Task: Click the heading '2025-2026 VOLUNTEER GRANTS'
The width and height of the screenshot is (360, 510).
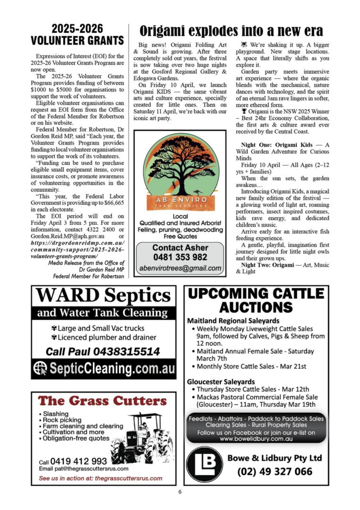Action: (77, 34)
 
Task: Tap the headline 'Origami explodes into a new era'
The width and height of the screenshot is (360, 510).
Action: (231, 31)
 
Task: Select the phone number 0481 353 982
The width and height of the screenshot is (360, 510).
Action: (179, 257)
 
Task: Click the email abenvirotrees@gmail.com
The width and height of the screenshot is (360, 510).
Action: (180, 268)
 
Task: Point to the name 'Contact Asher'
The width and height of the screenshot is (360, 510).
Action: (180, 248)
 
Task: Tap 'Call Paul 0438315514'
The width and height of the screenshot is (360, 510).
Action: (102, 351)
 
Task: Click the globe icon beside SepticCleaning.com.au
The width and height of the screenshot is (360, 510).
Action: (41, 368)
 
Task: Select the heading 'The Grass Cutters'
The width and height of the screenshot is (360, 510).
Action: (102, 401)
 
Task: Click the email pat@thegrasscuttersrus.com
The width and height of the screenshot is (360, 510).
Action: (84, 469)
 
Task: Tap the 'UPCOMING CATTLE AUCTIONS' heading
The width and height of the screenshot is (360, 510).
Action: (256, 300)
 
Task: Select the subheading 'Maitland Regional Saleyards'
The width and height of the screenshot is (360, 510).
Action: (233, 321)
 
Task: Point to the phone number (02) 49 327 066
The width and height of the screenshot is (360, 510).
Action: (275, 471)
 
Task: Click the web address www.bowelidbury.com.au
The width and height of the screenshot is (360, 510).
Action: (257, 439)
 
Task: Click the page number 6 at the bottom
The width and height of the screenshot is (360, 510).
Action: (180, 492)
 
